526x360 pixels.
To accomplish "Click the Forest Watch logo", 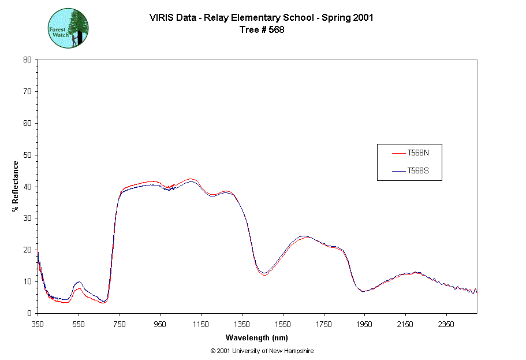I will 68,28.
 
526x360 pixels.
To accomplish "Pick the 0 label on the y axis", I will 29,313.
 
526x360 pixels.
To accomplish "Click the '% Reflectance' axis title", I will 16,186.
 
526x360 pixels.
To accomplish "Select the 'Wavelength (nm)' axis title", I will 257,338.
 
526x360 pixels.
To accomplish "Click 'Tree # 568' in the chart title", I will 262,30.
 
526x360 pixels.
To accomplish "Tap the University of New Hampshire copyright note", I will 262,351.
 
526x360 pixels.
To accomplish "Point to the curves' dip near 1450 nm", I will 264,273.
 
